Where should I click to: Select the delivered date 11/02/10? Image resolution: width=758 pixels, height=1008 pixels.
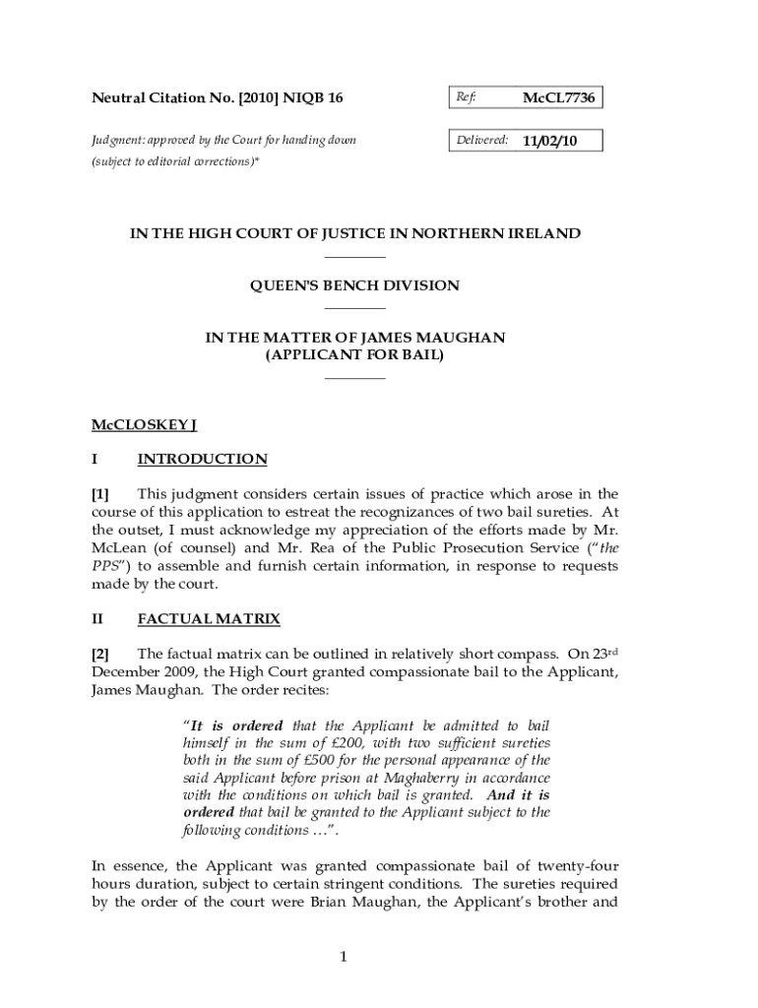click(549, 142)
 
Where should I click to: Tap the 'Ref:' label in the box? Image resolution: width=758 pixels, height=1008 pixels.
click(466, 98)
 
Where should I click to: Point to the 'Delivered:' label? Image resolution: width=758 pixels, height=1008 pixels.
click(481, 142)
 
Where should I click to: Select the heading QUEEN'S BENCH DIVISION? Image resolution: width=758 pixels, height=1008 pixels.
click(354, 285)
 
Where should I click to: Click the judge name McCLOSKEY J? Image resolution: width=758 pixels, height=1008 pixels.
click(145, 425)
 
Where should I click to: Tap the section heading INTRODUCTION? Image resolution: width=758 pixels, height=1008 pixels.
click(202, 460)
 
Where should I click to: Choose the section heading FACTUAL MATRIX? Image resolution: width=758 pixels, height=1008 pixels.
click(209, 619)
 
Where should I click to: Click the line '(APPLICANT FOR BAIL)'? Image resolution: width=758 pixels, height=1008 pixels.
click(354, 354)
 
